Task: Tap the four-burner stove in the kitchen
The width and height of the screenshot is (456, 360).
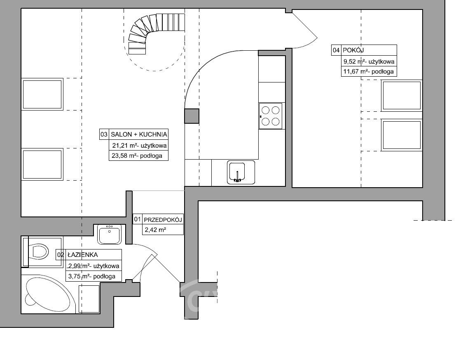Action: pos(271,116)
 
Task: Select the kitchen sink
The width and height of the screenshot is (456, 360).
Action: pos(241,172)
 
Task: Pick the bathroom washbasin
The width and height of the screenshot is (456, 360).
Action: pos(109,234)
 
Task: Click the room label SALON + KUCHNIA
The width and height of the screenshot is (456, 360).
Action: pos(139,134)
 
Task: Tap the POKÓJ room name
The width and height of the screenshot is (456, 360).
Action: pos(353,50)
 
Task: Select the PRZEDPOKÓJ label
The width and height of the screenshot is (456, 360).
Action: pos(163,219)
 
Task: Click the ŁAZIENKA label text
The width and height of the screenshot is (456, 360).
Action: pos(83,255)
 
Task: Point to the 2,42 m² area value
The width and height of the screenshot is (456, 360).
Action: pos(155,230)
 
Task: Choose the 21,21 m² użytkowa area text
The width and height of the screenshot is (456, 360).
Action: pos(139,145)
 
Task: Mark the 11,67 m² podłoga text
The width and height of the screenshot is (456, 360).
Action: pos(368,72)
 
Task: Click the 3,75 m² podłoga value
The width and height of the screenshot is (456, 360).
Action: pos(91,276)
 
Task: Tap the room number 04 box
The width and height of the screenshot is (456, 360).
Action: pos(336,50)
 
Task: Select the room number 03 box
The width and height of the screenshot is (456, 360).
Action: pos(104,134)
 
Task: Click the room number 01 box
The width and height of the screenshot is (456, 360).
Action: pos(137,219)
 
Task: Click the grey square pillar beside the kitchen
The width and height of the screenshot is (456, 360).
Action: pos(192,116)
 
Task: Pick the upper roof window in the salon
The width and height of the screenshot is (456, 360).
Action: pos(42,94)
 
